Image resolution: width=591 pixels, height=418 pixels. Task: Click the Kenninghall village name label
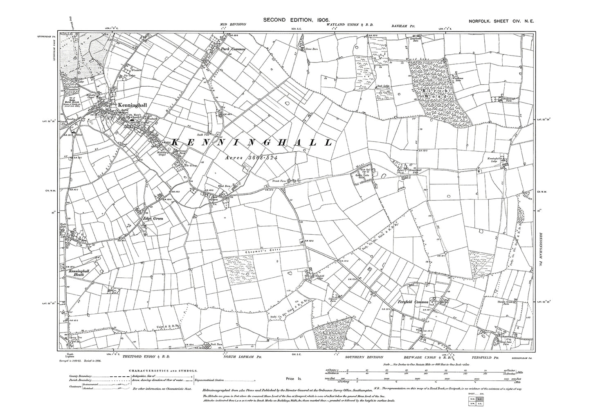point(132,105)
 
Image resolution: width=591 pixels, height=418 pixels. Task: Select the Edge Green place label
point(153,219)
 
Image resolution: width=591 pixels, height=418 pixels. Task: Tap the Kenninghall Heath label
point(73,273)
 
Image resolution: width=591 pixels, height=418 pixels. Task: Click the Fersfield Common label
point(413,302)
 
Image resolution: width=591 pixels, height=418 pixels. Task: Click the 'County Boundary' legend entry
point(80,376)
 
